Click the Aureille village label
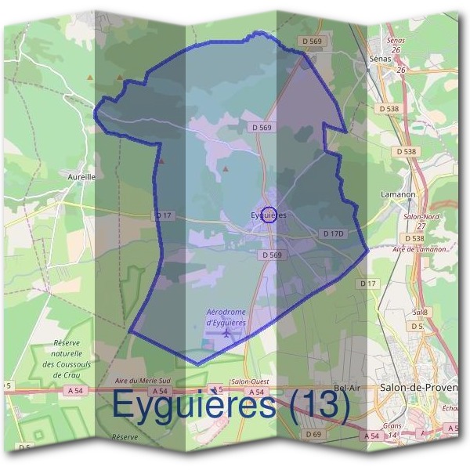[81, 177]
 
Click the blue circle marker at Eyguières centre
[268, 214]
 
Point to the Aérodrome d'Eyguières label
[226, 316]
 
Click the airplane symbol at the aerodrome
[227, 334]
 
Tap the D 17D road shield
[334, 233]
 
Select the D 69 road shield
[313, 434]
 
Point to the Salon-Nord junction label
[421, 215]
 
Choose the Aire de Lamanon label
[419, 249]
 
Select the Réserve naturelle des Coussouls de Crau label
[73, 359]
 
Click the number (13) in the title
[316, 404]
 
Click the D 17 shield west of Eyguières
[163, 215]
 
